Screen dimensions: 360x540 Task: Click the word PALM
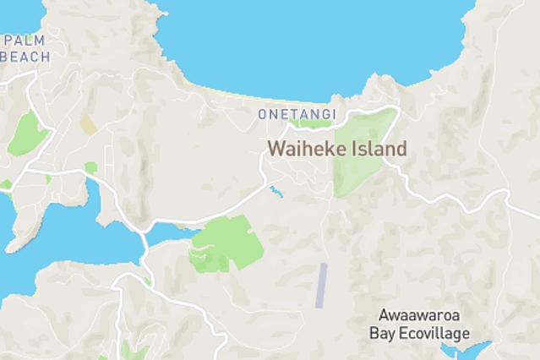pyautogui.click(x=25, y=41)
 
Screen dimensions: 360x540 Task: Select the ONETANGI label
pyautogui.click(x=297, y=114)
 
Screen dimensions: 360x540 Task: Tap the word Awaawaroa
pyautogui.click(x=420, y=316)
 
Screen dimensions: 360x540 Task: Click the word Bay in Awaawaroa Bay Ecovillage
pyautogui.click(x=382, y=333)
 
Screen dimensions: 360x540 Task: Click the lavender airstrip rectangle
pyautogui.click(x=321, y=286)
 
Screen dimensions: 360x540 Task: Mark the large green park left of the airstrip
pyautogui.click(x=223, y=243)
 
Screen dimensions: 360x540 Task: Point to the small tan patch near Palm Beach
pyautogui.click(x=88, y=125)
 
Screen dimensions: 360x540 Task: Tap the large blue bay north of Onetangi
pyautogui.click(x=313, y=42)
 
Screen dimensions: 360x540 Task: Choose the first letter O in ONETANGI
pyautogui.click(x=263, y=114)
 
